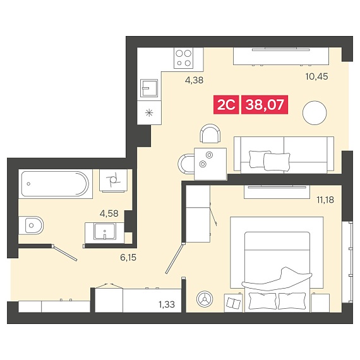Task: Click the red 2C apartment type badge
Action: tap(226, 105)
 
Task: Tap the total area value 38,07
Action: tap(265, 105)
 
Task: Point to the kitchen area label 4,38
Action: tap(195, 80)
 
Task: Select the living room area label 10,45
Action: tap(316, 76)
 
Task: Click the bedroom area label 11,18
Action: tap(325, 200)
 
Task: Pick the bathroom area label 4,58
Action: tap(109, 213)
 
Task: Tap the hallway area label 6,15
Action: tap(128, 258)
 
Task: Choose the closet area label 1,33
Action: tap(167, 304)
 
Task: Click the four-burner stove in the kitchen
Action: tap(183, 58)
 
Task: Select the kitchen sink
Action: tap(149, 88)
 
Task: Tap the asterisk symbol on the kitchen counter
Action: tap(149, 112)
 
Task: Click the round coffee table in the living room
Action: tap(315, 113)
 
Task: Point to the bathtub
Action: tap(55, 184)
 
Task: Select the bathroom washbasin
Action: tap(104, 232)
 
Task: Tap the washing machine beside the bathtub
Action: tap(113, 181)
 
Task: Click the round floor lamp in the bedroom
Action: tap(205, 299)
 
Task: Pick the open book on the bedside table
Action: tap(234, 303)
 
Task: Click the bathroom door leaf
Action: tap(65, 253)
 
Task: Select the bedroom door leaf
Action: tap(175, 258)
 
